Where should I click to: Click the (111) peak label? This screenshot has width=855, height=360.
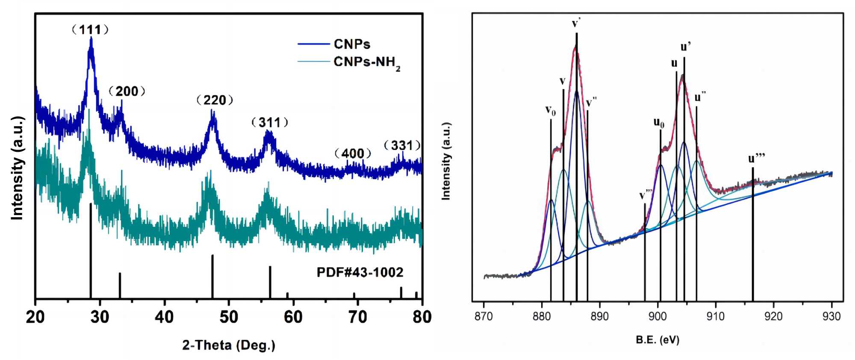tap(90, 30)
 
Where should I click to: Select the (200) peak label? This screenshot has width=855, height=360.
tap(127, 91)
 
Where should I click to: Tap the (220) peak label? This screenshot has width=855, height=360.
tap(215, 100)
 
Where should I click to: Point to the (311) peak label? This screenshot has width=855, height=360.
tap(270, 123)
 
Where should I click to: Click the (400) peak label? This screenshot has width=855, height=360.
tap(353, 153)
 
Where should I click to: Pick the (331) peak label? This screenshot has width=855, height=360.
tap(402, 145)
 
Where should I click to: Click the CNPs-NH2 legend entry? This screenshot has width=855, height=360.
tap(367, 62)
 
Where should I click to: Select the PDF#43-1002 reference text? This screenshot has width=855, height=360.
tap(360, 272)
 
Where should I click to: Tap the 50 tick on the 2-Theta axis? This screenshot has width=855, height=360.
tap(229, 317)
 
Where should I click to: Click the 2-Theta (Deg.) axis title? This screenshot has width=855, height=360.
tap(229, 345)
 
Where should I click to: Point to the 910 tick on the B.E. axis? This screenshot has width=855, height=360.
tap(716, 316)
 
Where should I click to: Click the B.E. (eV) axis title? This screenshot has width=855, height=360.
tap(657, 340)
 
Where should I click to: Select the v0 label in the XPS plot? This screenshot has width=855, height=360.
tap(551, 110)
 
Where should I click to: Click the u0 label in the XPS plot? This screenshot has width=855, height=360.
tap(659, 123)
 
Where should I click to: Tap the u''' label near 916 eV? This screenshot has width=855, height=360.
tap(756, 159)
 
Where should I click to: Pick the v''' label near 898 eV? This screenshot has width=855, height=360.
tap(645, 196)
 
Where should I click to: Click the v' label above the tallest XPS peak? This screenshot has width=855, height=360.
tap(576, 23)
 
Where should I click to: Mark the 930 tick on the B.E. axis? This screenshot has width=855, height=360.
tap(831, 316)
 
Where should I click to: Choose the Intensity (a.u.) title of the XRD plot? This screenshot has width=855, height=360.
tap(17, 168)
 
